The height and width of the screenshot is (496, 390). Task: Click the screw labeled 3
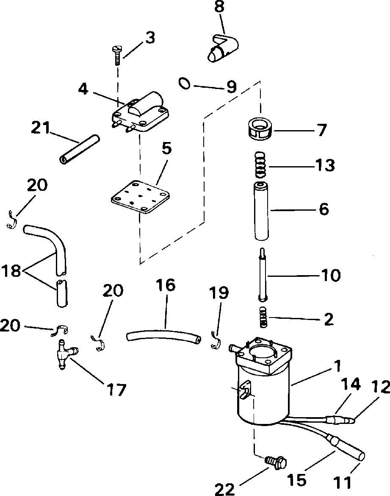tap(116, 56)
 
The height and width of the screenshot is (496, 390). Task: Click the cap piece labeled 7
tap(260, 128)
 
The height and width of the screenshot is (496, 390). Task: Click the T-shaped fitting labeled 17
tap(66, 354)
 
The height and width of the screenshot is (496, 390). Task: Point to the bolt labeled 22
tap(276, 454)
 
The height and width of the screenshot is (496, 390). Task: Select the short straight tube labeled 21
tap(79, 149)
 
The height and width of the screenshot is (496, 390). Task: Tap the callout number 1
tap(337, 366)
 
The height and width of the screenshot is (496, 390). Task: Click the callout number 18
tap(12, 271)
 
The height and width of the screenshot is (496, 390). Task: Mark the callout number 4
tap(83, 89)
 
